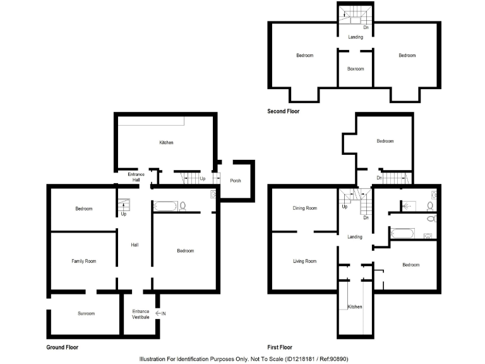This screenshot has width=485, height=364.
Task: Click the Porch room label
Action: pos(236,181)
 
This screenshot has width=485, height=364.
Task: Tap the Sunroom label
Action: pos(86,313)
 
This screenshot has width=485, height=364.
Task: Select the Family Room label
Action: pos(83,261)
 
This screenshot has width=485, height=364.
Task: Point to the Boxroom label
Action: pos(356,69)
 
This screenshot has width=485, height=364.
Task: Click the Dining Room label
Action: pos(304,208)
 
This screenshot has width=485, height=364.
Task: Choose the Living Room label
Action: pos(304,261)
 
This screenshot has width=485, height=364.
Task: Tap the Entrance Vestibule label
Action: pos(141,314)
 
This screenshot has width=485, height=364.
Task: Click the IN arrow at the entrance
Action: pos(160,313)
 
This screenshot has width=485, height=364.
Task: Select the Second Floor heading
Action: pos(284,111)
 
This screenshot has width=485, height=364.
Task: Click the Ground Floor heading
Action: pos(63,348)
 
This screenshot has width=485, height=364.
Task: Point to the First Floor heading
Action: pos(280,348)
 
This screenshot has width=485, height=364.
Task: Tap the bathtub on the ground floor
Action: pos(166,205)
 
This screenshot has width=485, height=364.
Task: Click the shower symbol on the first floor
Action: pos(407,205)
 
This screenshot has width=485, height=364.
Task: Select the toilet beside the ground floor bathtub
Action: pos(183,205)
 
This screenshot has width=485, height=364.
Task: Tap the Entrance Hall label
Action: pos(136,177)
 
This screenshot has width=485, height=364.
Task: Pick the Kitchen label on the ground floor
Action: pos(166,143)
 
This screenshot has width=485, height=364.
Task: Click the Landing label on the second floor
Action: pos(356,37)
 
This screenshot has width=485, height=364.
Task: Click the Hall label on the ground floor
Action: pos(135,245)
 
